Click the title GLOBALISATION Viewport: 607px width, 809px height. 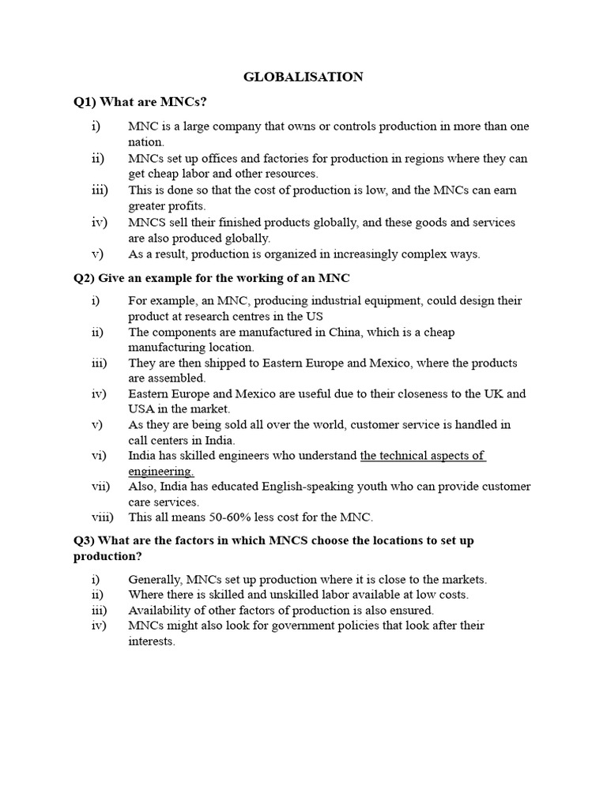tap(303, 77)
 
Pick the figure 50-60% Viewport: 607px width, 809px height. tap(213, 517)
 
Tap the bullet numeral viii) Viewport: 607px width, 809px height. tap(102, 517)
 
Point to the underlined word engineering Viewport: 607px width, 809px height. tap(160, 472)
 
